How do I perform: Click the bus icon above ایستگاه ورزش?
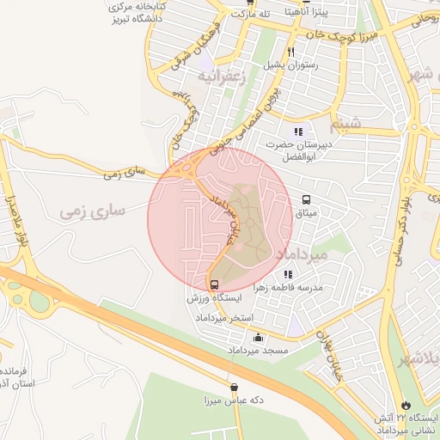pyautogui.click(x=214, y=284)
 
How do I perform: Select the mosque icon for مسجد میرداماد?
pyautogui.click(x=258, y=338)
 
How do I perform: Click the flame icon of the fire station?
pyautogui.click(x=405, y=404)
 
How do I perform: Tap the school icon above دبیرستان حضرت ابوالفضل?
pyautogui.click(x=298, y=131)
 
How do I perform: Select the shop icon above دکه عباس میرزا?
pyautogui.click(x=235, y=388)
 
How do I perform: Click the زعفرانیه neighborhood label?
pyautogui.click(x=223, y=77)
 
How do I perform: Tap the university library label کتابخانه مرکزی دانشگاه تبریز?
pyautogui.click(x=138, y=13)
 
